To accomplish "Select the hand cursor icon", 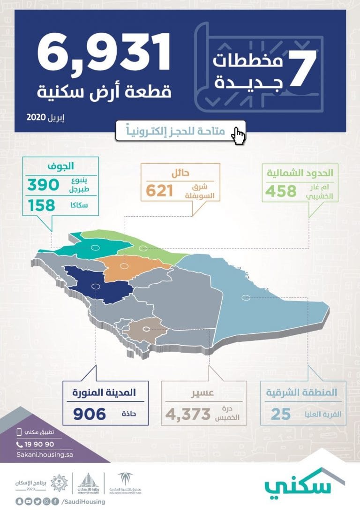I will pos(239,136).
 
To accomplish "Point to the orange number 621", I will pos(159,190).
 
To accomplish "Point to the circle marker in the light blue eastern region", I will pos(245,297).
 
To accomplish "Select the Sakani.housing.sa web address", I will pos(45,454).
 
